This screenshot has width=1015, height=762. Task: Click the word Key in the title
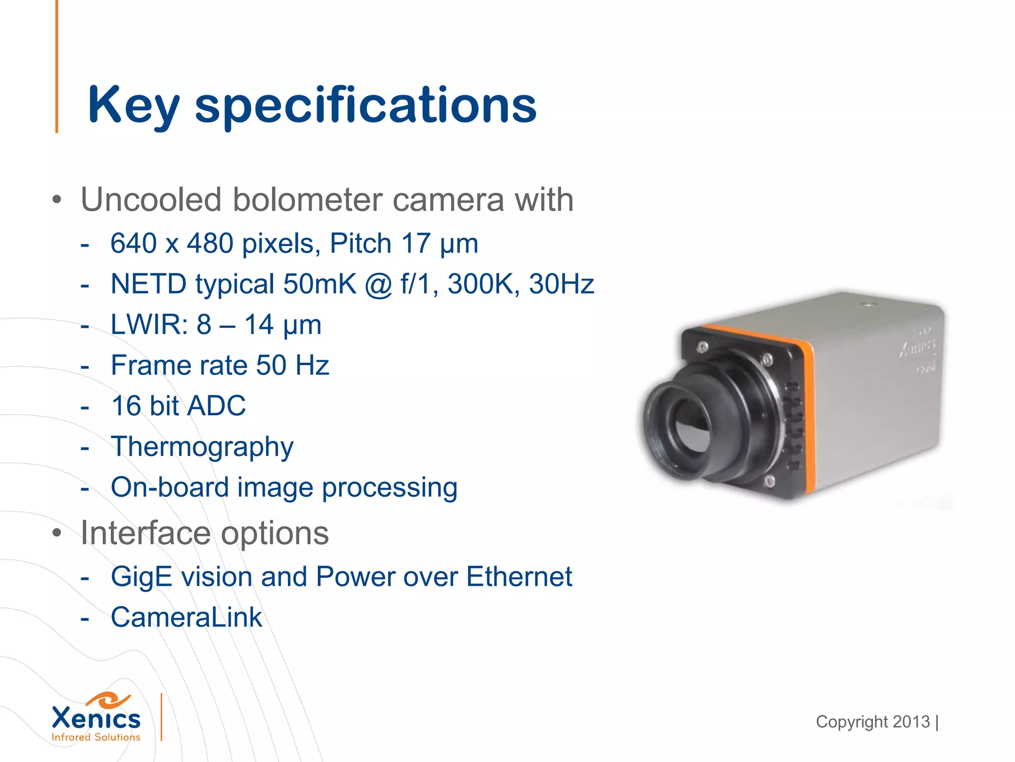(x=133, y=106)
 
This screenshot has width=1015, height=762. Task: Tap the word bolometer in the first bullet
(x=308, y=200)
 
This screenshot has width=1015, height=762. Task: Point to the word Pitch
(x=361, y=244)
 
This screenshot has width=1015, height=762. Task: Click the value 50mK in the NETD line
(x=320, y=284)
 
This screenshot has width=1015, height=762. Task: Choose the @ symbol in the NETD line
(x=379, y=285)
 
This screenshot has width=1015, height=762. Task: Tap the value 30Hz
(x=562, y=284)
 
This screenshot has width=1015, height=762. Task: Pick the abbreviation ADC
(x=217, y=406)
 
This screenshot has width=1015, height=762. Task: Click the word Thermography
(x=202, y=447)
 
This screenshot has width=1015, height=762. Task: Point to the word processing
(x=390, y=488)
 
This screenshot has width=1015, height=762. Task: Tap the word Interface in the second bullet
(x=146, y=533)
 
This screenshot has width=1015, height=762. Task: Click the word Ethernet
(x=519, y=577)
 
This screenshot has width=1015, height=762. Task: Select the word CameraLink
(x=186, y=618)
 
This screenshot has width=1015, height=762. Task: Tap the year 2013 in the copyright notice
(x=911, y=722)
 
